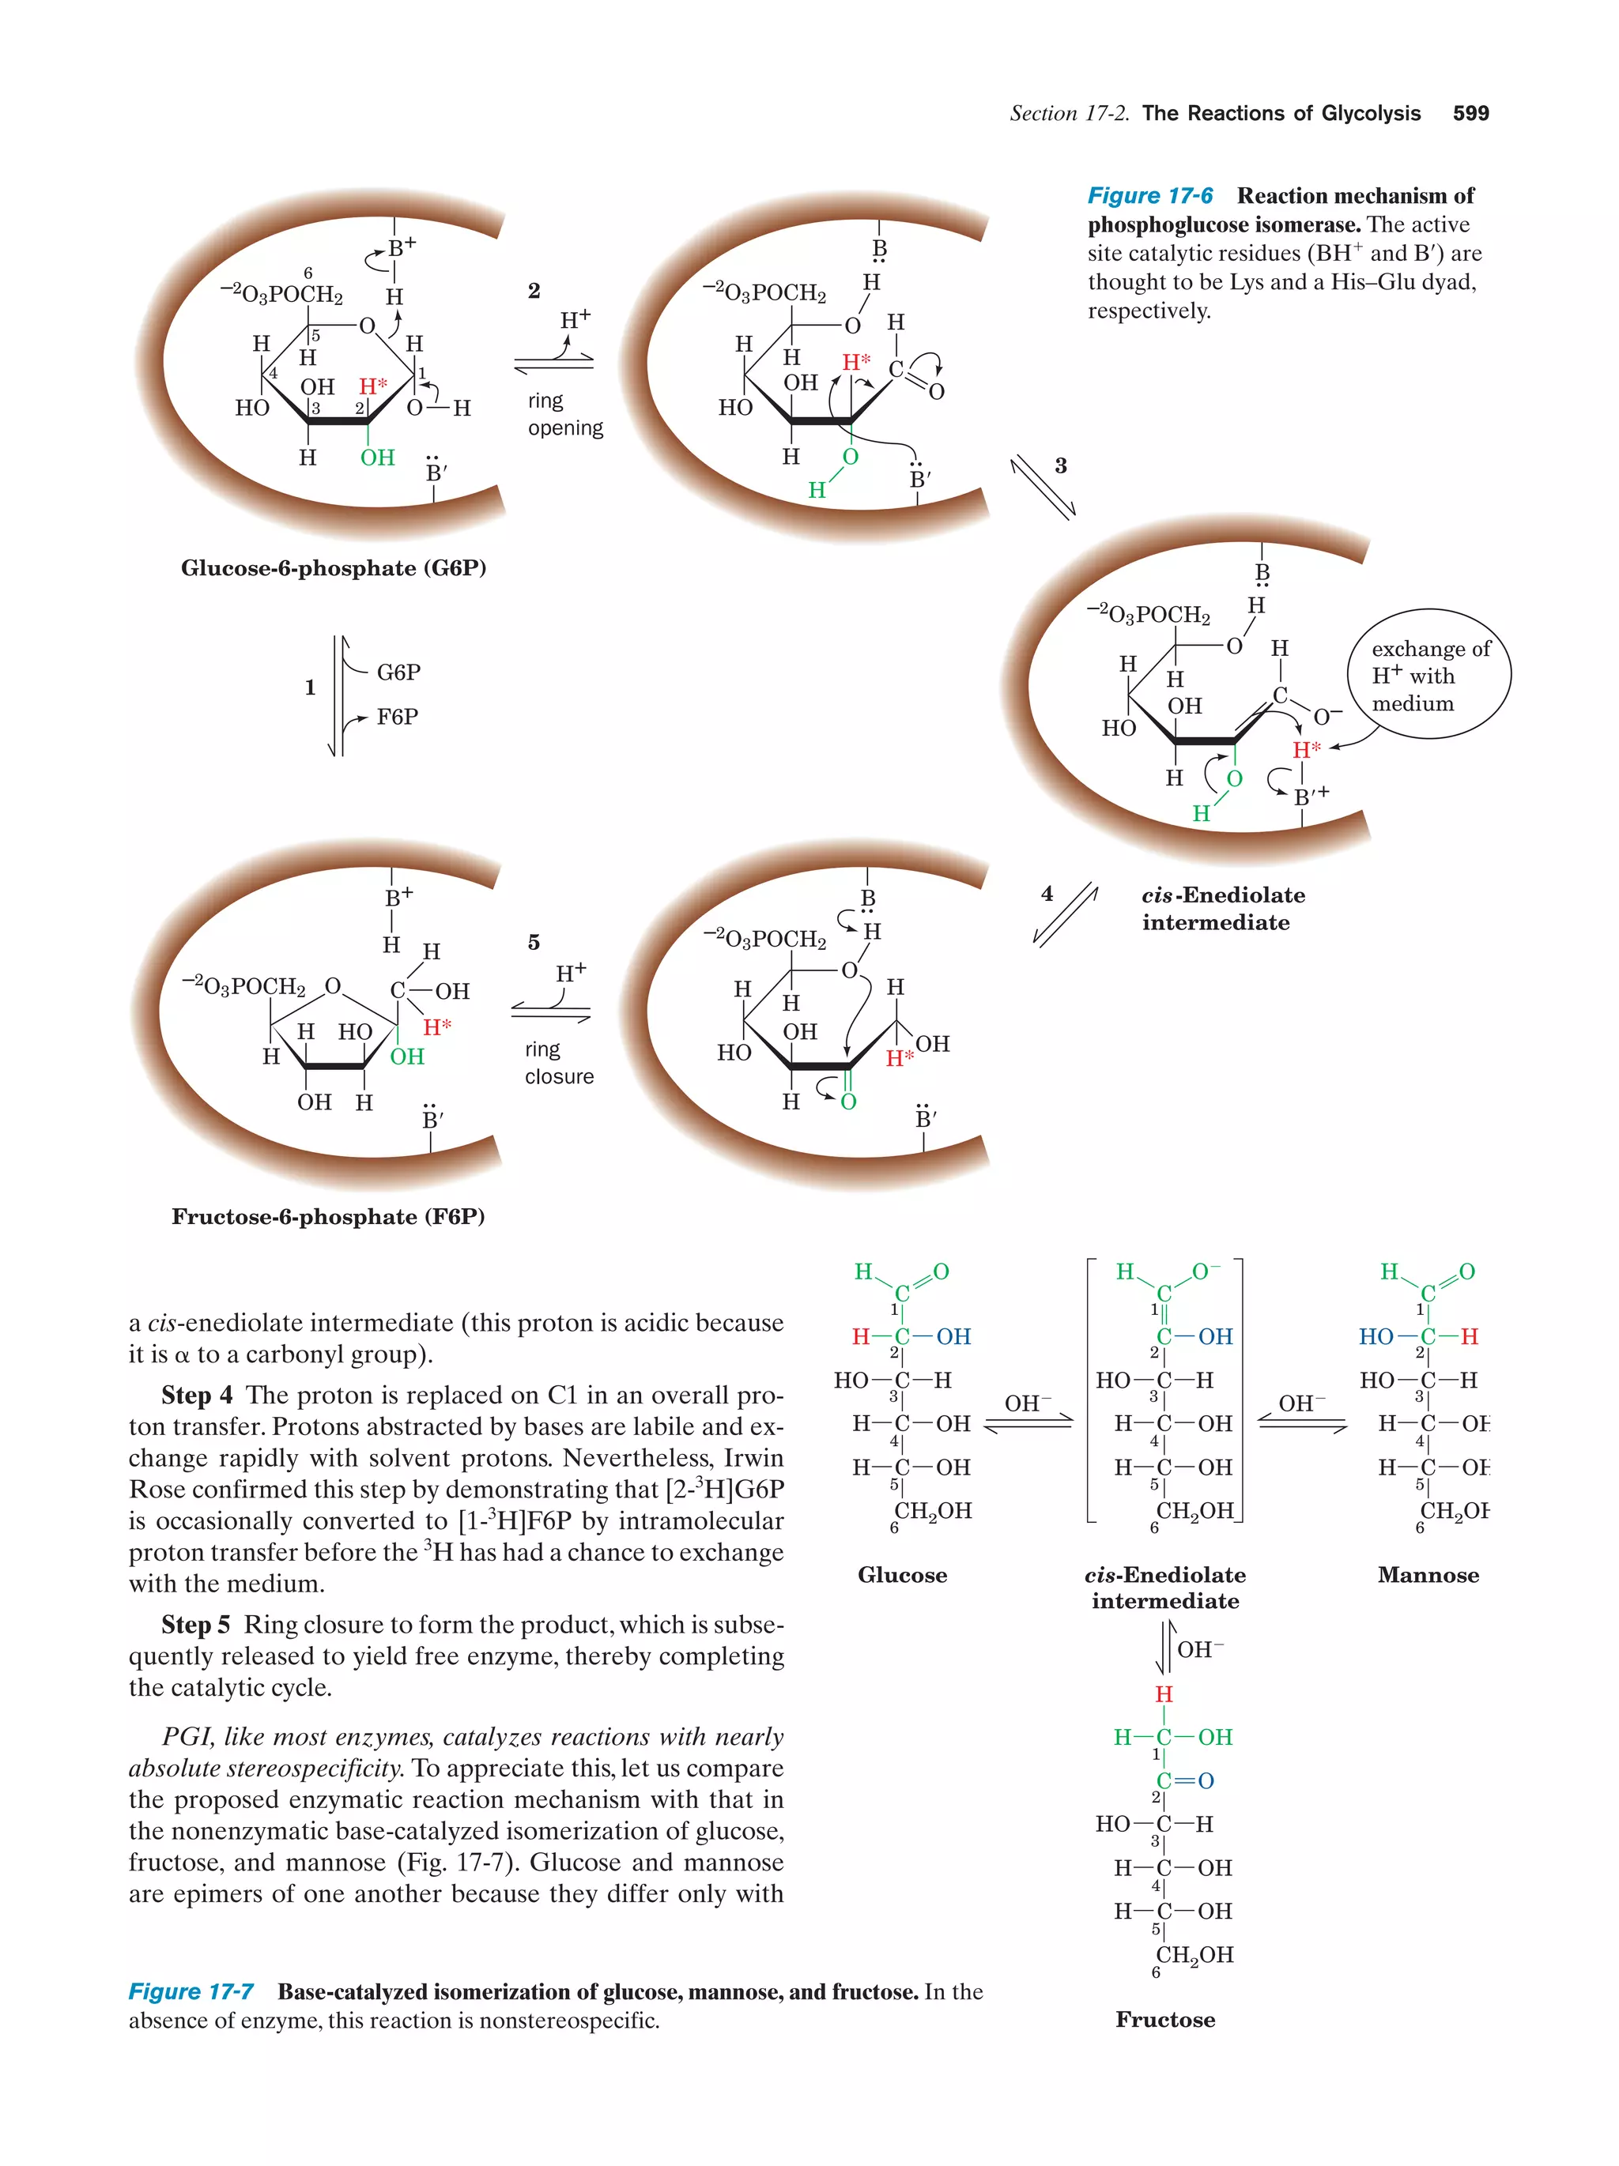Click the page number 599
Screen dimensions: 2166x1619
tap(1470, 114)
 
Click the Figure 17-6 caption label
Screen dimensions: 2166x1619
tap(1150, 196)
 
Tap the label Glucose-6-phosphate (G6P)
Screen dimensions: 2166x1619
tap(333, 569)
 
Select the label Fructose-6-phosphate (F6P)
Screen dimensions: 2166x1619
tap(328, 1216)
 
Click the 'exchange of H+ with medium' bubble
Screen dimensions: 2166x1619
tap(1429, 676)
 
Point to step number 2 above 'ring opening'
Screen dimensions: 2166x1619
tap(534, 291)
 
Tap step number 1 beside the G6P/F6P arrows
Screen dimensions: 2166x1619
tap(310, 687)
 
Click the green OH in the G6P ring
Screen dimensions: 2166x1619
tap(377, 458)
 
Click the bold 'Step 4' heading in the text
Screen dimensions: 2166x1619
tap(197, 1395)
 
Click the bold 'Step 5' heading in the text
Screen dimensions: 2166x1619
tap(196, 1624)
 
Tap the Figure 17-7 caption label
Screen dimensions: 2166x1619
tap(191, 1991)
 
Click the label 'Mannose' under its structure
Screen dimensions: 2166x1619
tap(1427, 1575)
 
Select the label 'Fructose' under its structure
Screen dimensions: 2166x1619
tap(1164, 2019)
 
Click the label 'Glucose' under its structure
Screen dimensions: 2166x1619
tap(902, 1575)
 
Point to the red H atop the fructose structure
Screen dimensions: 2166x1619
tap(1164, 1694)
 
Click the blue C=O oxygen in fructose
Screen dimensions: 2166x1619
tap(1206, 1780)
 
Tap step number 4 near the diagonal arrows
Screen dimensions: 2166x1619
tap(1047, 893)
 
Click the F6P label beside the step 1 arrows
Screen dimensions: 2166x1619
tap(397, 717)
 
